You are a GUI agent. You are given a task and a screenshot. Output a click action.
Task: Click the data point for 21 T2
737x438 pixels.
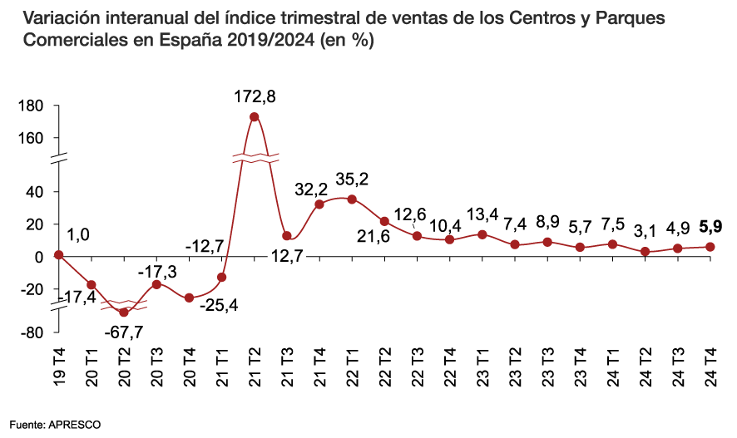(254, 117)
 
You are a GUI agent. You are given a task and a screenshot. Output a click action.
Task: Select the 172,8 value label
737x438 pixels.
(254, 96)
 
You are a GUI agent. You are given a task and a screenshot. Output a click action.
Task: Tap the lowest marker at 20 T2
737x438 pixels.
(124, 312)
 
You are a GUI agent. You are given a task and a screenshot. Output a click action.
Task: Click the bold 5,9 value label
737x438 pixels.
(710, 225)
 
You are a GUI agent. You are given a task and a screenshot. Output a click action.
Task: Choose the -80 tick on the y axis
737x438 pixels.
(31, 332)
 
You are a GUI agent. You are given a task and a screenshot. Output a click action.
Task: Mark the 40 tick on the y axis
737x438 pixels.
(34, 191)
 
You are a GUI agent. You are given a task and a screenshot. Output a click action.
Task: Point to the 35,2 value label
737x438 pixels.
(352, 179)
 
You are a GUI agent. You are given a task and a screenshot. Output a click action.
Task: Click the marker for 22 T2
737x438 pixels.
(384, 221)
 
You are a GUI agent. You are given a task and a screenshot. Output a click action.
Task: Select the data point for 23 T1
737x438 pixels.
(482, 234)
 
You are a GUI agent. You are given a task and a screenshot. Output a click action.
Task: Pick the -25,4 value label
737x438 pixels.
(219, 305)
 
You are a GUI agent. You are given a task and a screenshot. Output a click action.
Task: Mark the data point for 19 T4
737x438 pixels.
(59, 255)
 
